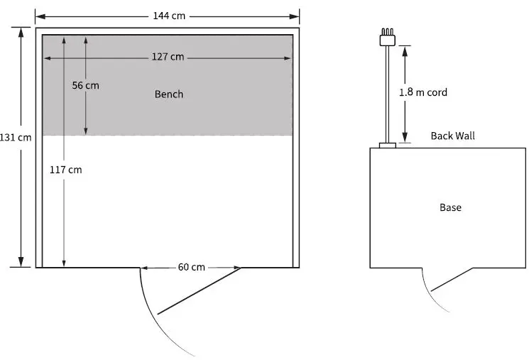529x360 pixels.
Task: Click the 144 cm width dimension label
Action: click(168, 16)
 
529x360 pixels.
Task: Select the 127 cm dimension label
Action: click(168, 57)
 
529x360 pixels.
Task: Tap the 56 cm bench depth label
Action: click(86, 85)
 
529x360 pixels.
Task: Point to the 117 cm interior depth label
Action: click(66, 170)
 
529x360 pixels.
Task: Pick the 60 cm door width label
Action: click(191, 268)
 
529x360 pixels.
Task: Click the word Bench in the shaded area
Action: click(169, 94)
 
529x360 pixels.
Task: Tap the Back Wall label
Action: click(452, 136)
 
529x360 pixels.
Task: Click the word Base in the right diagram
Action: click(450, 207)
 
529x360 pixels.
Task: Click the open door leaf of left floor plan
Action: click(200, 290)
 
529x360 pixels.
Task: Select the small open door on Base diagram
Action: click(452, 280)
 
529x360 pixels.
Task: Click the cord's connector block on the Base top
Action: click(387, 146)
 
